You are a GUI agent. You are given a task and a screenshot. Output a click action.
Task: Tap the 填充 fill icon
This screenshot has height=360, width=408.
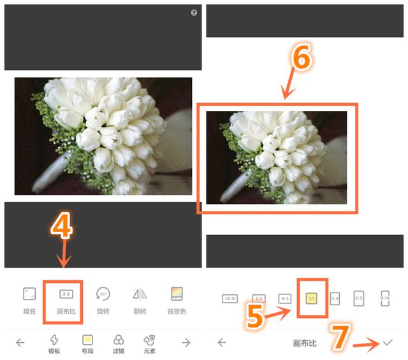(x=29, y=294)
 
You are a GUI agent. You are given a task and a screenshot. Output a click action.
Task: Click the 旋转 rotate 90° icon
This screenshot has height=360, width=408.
(x=103, y=294)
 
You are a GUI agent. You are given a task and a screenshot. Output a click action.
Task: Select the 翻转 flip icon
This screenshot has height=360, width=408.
(x=140, y=294)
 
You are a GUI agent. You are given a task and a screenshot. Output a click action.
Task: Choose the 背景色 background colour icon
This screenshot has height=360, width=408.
(x=177, y=294)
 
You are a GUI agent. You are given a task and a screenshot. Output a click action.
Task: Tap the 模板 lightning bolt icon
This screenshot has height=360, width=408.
(x=54, y=339)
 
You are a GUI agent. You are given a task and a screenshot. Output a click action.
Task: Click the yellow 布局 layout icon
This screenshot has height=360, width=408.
(x=88, y=339)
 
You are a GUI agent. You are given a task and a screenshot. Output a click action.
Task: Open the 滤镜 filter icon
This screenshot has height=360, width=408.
(x=119, y=339)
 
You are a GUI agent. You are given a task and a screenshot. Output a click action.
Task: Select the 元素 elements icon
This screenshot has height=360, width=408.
(x=150, y=339)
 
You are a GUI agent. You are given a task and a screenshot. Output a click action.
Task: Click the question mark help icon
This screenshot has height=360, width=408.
(x=194, y=13)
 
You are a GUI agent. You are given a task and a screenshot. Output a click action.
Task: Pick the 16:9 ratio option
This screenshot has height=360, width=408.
(x=229, y=298)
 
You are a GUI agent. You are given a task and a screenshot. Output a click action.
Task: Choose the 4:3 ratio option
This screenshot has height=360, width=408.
(x=285, y=298)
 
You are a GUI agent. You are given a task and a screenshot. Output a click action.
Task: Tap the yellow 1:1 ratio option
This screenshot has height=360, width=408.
(x=312, y=298)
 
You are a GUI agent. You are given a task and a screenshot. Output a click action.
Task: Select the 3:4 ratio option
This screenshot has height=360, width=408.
(x=335, y=298)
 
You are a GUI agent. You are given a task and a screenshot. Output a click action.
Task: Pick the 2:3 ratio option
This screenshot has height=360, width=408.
(x=359, y=298)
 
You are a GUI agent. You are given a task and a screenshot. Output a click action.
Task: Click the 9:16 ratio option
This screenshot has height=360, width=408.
(x=384, y=298)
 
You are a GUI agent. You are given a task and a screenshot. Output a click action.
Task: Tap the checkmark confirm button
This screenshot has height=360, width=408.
(x=388, y=342)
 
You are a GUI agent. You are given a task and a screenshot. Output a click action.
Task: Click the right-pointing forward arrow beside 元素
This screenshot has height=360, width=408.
(x=186, y=342)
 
